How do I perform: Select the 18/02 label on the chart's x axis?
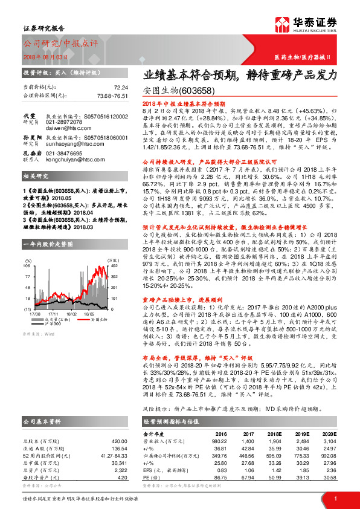tap(72, 314)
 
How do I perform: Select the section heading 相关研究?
tap(33, 193)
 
